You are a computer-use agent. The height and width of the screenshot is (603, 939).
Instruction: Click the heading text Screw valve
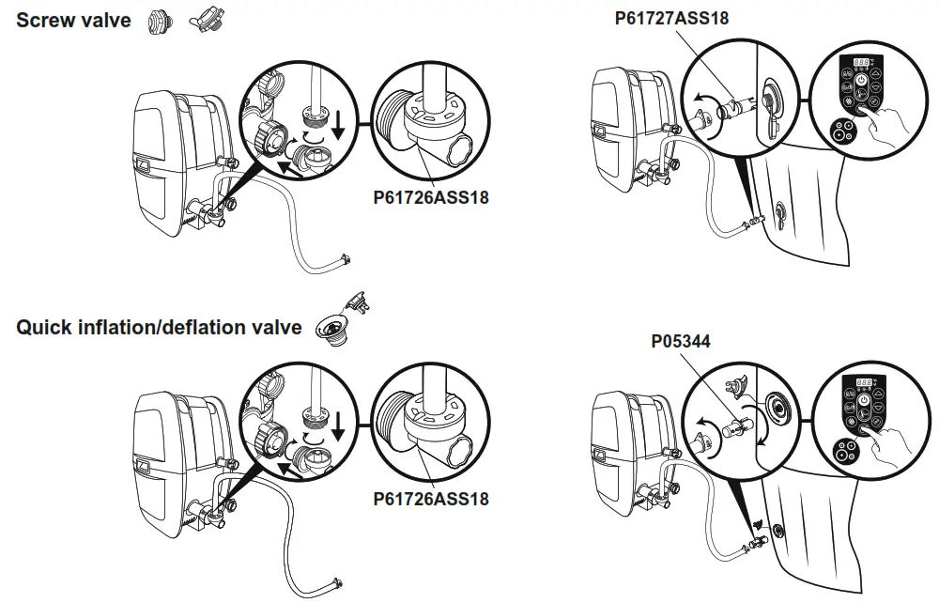click(x=74, y=20)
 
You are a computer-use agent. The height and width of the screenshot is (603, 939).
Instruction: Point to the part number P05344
click(x=681, y=342)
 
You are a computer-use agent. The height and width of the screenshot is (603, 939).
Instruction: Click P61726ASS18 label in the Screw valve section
click(x=431, y=198)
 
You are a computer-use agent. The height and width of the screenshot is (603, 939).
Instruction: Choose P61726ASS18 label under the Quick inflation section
click(x=431, y=499)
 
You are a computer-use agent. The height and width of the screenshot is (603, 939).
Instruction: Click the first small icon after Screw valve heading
click(x=156, y=21)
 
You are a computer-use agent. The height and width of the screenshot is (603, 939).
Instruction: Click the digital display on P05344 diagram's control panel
click(x=862, y=383)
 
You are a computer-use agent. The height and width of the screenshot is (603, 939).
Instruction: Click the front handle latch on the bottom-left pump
click(x=143, y=464)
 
